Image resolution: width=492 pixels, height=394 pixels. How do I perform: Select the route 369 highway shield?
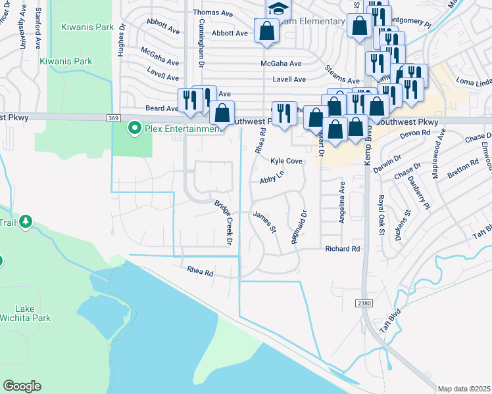114,118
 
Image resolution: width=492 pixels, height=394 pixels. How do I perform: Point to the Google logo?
22,386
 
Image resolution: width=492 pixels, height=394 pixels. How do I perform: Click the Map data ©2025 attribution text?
464,388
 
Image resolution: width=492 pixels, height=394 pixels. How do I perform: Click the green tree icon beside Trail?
26,221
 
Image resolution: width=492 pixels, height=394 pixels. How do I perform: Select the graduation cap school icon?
278,9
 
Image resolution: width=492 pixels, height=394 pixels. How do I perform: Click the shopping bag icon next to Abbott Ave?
266,31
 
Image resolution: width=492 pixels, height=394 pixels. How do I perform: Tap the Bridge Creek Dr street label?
225,223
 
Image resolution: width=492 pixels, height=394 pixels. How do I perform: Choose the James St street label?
264,221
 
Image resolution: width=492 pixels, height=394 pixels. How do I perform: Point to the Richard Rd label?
343,249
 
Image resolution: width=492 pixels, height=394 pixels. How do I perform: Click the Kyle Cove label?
286,160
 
